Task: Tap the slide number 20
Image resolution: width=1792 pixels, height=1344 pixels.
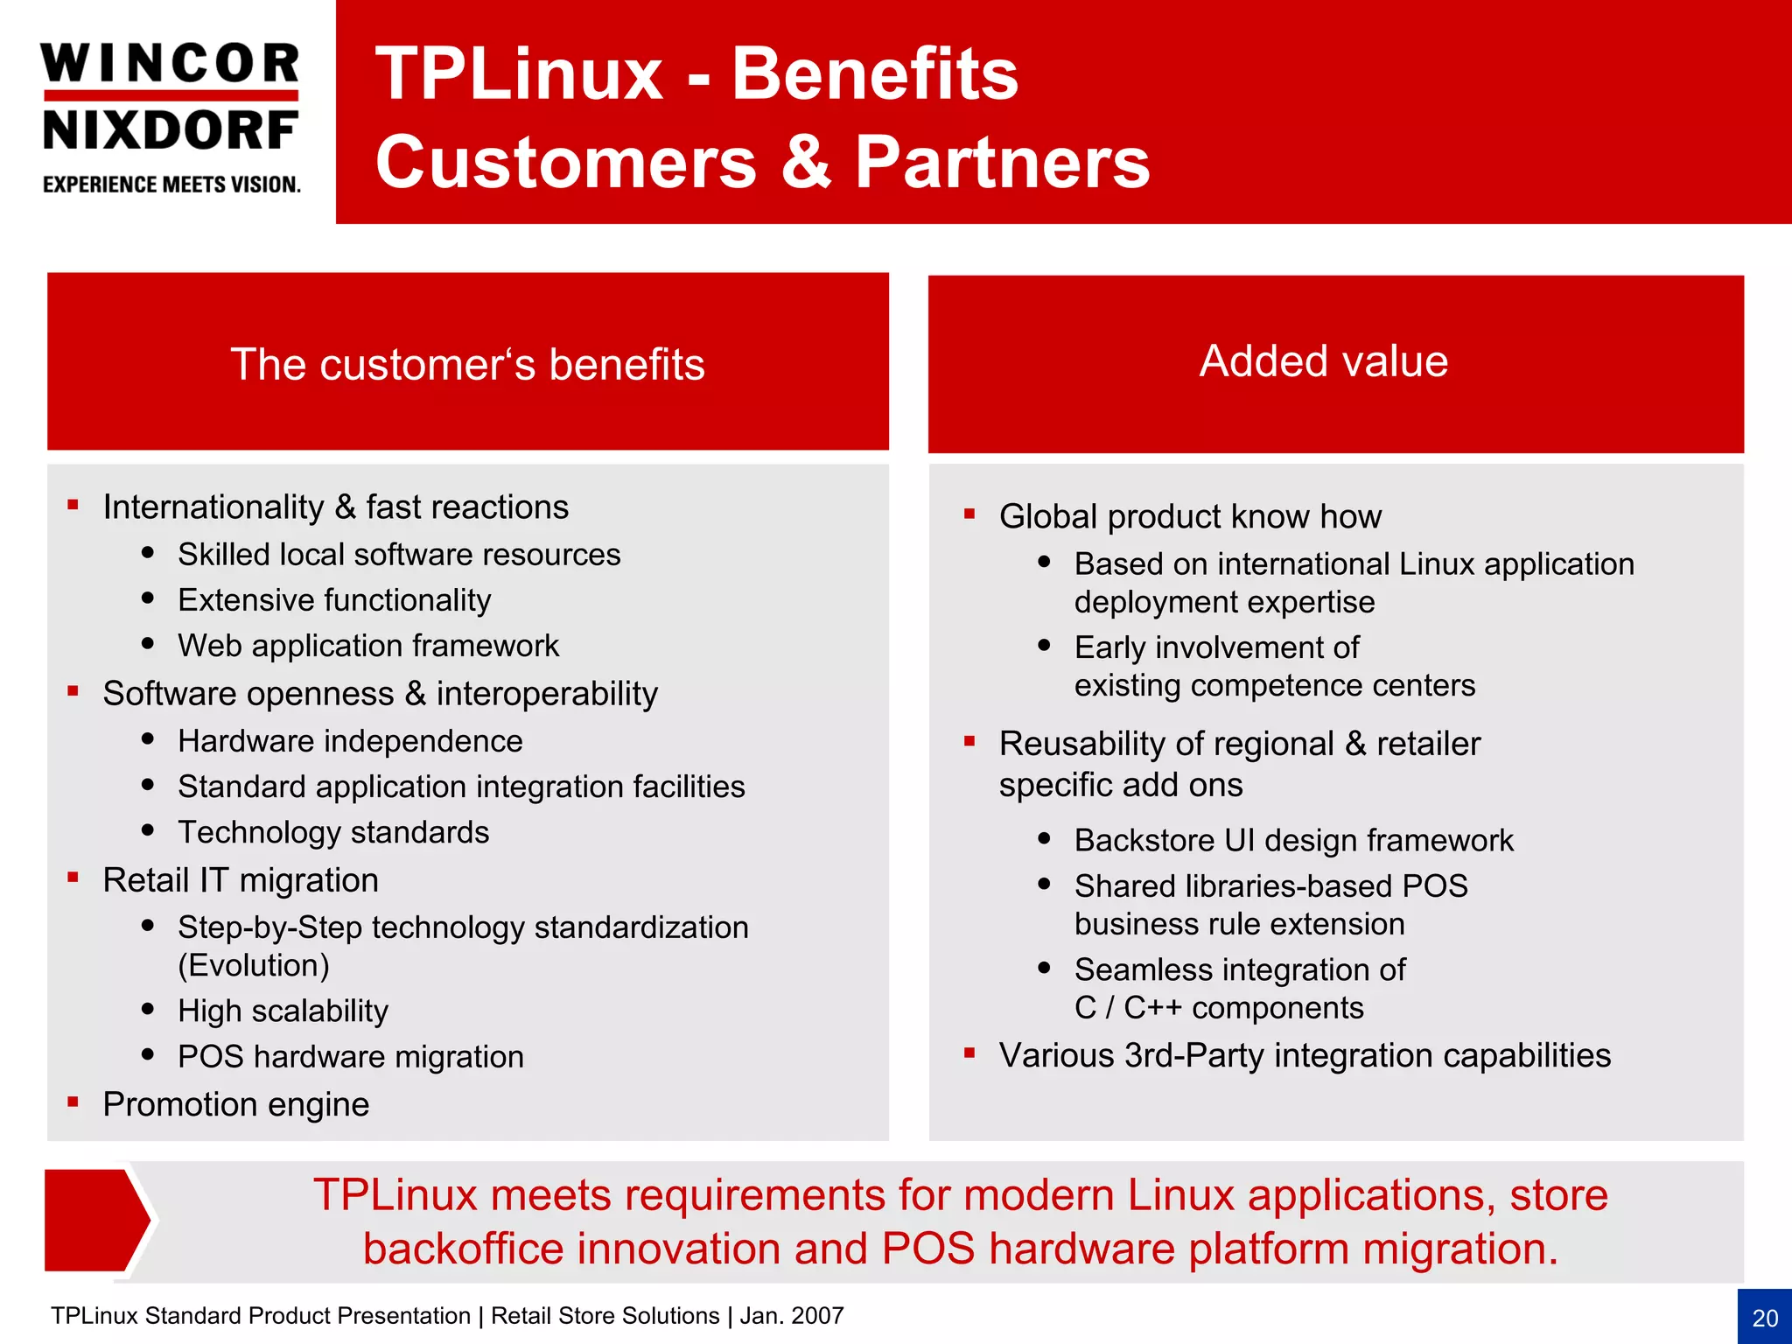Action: point(1765,1318)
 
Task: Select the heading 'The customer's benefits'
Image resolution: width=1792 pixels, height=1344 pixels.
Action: point(467,364)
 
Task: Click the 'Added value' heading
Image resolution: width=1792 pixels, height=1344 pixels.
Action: point(1323,360)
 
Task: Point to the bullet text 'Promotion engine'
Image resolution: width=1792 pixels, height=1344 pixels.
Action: point(235,1104)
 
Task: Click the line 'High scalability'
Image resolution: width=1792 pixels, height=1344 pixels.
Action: point(283,1011)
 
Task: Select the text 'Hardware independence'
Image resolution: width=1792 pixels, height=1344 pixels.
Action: point(350,741)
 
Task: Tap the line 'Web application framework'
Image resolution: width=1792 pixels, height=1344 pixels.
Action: point(368,646)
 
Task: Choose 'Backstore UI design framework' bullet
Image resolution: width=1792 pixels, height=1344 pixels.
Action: point(1293,840)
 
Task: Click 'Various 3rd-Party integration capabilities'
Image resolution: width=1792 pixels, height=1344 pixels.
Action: point(1305,1055)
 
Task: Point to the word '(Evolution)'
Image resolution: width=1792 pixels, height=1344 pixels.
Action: point(254,965)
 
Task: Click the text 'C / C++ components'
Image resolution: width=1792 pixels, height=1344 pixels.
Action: point(1219,1008)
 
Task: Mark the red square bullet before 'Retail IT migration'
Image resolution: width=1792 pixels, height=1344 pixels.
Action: point(73,878)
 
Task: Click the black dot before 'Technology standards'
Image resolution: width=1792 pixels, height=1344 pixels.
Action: point(148,830)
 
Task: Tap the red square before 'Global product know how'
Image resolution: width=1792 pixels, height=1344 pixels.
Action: point(969,514)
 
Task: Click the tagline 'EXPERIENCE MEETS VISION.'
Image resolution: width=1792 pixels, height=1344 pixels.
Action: point(171,185)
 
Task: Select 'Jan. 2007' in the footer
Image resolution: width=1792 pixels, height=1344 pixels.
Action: point(792,1316)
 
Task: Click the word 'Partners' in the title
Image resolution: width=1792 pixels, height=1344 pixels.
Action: point(1002,163)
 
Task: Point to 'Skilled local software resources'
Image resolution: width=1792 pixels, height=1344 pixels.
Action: point(399,555)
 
